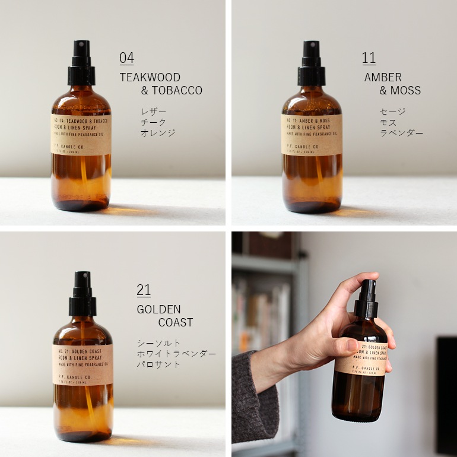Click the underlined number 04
pyautogui.click(x=126, y=58)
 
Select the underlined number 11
pyautogui.click(x=369, y=58)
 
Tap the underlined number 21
pyautogui.click(x=144, y=290)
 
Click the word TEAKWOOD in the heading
pyautogui.click(x=150, y=77)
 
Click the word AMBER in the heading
pyautogui.click(x=383, y=77)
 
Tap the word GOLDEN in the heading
pyautogui.click(x=158, y=309)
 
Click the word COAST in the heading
pyautogui.click(x=175, y=323)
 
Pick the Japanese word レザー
pyautogui.click(x=153, y=112)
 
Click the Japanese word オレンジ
pyautogui.click(x=158, y=133)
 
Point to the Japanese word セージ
pyautogui.click(x=392, y=112)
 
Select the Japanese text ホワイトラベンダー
pyautogui.click(x=177, y=354)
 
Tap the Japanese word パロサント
pyautogui.click(x=158, y=364)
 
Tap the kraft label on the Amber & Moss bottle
pyautogui.click(x=312, y=135)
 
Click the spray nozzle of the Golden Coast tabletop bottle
pyautogui.click(x=82, y=280)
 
